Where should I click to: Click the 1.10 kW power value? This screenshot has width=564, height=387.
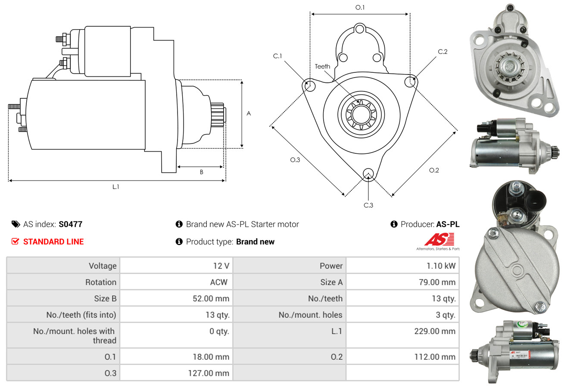441,266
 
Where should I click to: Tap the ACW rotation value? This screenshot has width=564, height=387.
218,282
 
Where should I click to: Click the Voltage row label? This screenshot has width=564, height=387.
103,266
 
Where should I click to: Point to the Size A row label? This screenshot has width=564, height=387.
331,282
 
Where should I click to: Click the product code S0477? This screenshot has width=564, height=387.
70,224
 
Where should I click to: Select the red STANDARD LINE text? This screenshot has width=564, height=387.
53,242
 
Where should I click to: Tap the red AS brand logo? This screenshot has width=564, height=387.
439,240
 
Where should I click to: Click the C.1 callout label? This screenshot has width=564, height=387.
277,56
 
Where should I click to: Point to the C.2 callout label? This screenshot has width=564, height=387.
442,52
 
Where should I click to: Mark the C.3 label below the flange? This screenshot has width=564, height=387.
368,205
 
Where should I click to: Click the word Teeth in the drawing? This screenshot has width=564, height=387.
322,66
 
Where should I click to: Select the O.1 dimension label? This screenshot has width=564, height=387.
360,7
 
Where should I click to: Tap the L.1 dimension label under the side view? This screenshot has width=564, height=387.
115,187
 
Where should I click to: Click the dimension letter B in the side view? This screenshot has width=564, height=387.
201,172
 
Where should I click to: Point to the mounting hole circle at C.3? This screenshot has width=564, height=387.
368,174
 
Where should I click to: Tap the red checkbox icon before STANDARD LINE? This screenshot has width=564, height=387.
15,242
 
